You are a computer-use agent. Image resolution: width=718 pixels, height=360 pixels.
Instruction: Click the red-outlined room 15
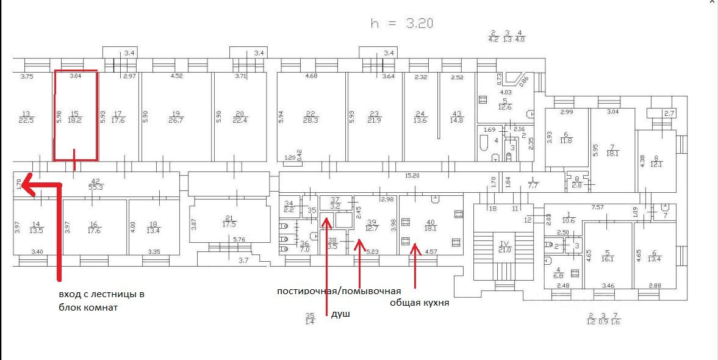(76, 116)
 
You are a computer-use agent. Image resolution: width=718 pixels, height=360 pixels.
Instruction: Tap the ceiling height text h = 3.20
(402, 23)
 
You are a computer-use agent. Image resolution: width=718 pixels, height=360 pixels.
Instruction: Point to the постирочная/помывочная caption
(339, 290)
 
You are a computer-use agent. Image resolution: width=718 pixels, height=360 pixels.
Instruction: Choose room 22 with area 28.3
(311, 117)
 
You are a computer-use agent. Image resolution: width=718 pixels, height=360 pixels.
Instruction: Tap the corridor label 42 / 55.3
(95, 184)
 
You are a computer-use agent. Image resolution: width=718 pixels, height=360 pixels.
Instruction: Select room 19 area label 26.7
(176, 117)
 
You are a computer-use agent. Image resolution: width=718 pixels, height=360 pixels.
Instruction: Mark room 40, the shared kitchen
(431, 225)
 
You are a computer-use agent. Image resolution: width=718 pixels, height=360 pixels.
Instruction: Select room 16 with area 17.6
(93, 227)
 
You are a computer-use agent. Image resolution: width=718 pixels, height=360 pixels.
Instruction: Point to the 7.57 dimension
(597, 207)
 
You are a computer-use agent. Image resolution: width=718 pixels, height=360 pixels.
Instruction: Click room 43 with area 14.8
(456, 117)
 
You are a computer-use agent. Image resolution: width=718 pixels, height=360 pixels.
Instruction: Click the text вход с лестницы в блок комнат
(101, 301)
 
